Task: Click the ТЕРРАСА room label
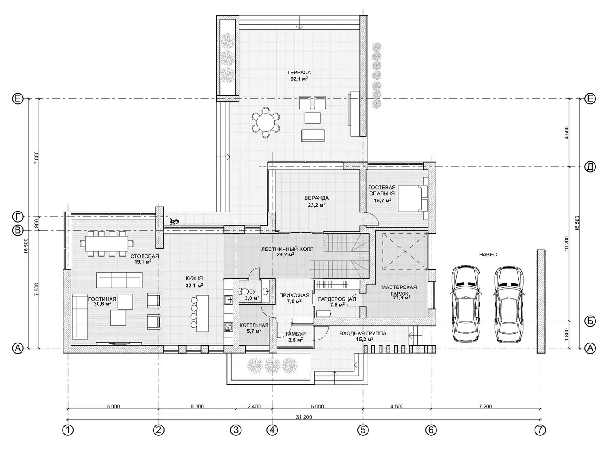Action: [299, 73]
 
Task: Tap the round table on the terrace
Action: [265, 122]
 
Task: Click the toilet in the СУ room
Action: [244, 291]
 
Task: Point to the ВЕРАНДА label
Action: [317, 198]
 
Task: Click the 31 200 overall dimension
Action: [304, 417]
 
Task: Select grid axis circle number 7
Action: [540, 430]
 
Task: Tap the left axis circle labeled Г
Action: [18, 217]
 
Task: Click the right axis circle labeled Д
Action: [590, 166]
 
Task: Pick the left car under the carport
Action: [466, 303]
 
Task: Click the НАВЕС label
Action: [488, 255]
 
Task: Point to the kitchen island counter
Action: [203, 313]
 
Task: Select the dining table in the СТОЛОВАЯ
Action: [107, 243]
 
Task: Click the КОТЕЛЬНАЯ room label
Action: [254, 325]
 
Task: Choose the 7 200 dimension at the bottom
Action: [486, 406]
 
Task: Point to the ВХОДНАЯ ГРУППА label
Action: [363, 333]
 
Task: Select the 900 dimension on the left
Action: [36, 223]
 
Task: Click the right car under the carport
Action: [509, 303]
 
